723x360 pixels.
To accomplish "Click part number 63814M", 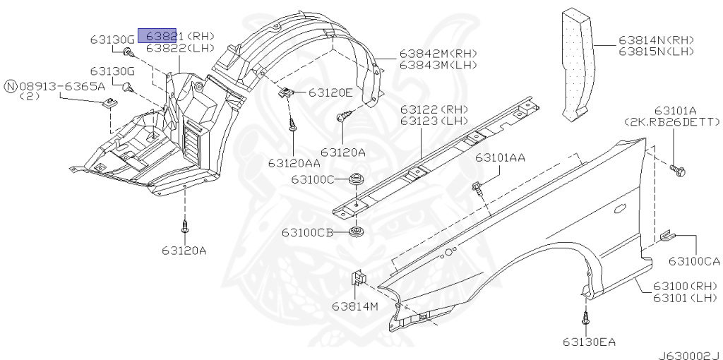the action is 354,306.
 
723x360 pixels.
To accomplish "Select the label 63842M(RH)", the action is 438,54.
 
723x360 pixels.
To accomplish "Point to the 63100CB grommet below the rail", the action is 355,231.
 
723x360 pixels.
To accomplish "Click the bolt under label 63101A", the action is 677,171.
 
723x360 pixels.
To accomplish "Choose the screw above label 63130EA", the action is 585,318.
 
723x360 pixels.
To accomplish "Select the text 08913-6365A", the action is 62,86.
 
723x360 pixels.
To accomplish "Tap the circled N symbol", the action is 10,86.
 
